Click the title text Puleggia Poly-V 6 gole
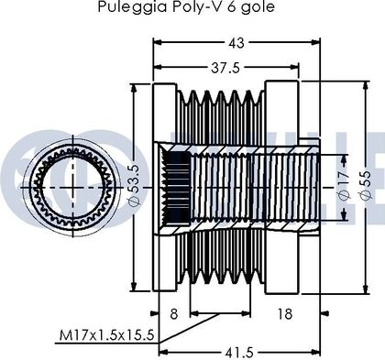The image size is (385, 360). (186, 6)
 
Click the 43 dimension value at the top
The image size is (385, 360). (236, 43)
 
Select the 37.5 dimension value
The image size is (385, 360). (225, 68)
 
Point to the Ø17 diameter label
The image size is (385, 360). (344, 187)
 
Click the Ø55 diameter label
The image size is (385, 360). (366, 185)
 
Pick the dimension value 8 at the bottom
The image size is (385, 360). (174, 314)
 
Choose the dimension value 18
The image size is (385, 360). (285, 314)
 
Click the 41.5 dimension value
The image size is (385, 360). (239, 353)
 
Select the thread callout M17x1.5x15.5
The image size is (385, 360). (106, 335)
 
